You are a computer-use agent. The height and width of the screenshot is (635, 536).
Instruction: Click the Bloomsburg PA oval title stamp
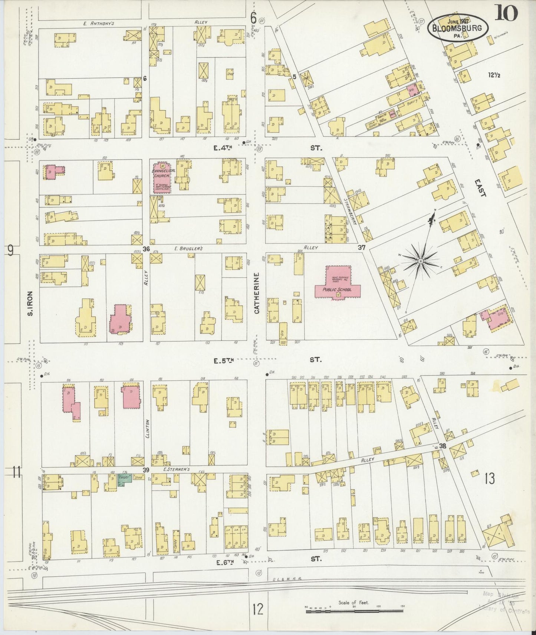point(458,28)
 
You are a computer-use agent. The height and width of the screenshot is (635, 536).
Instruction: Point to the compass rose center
point(421,261)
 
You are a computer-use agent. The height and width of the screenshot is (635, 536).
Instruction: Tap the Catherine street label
point(257,293)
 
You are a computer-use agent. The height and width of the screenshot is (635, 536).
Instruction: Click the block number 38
point(442,446)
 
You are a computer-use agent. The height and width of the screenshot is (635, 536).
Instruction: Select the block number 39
point(146,470)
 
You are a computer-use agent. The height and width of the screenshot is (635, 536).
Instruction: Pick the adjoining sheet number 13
point(489,479)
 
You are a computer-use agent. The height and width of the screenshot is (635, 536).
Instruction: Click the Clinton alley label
point(147,429)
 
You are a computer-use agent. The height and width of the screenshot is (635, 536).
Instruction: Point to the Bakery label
point(412,101)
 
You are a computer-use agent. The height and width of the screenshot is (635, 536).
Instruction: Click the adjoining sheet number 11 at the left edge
point(16,472)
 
